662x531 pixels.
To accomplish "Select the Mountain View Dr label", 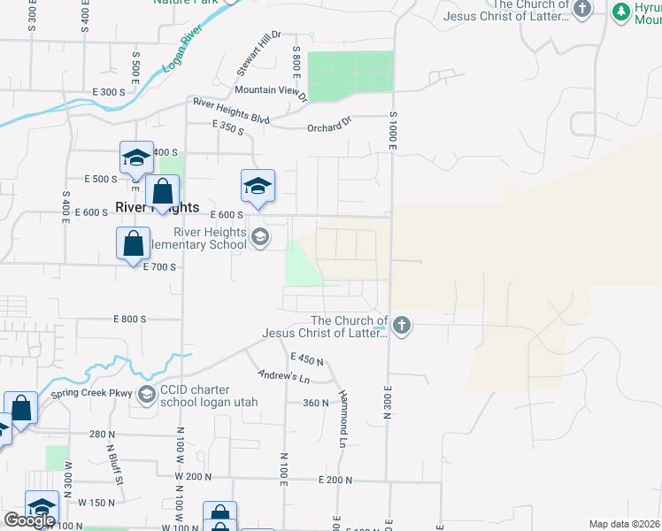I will click(x=270, y=89).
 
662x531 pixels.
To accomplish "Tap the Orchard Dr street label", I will click(x=329, y=126).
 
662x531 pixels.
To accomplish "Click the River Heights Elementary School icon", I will click(x=260, y=237).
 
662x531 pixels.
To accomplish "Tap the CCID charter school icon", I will click(x=147, y=391).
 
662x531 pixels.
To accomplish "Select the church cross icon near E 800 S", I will click(x=402, y=325).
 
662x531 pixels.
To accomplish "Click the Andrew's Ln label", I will click(x=277, y=376).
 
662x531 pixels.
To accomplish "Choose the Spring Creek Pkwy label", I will click(x=90, y=393).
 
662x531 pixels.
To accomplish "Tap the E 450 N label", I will click(x=307, y=358).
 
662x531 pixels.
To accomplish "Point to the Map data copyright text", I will click(x=625, y=524).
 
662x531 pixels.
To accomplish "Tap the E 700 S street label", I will click(x=159, y=266).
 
